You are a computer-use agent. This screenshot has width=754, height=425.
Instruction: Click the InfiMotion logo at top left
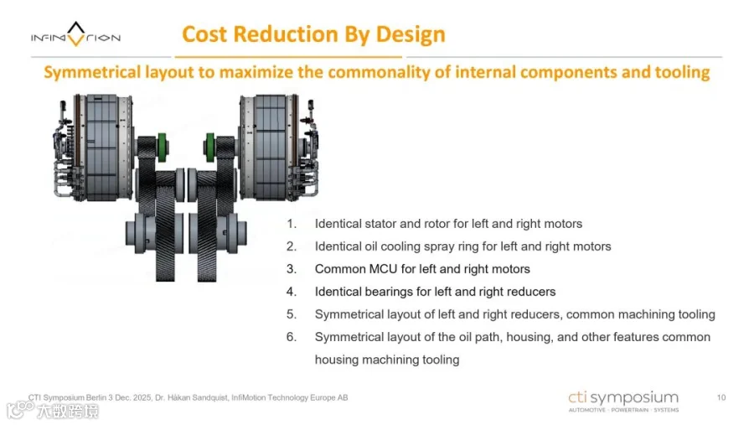point(75,35)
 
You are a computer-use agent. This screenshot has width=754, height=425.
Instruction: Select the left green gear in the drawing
point(162,148)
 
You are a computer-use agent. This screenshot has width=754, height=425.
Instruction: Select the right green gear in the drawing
point(209,148)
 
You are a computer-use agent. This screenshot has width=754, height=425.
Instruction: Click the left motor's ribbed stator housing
point(103,147)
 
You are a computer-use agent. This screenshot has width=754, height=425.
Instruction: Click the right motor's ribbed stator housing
point(271,147)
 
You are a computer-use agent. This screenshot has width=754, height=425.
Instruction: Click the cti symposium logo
point(623,402)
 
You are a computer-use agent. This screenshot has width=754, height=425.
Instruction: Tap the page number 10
point(721,397)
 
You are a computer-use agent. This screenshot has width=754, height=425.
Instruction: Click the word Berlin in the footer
point(96,397)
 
